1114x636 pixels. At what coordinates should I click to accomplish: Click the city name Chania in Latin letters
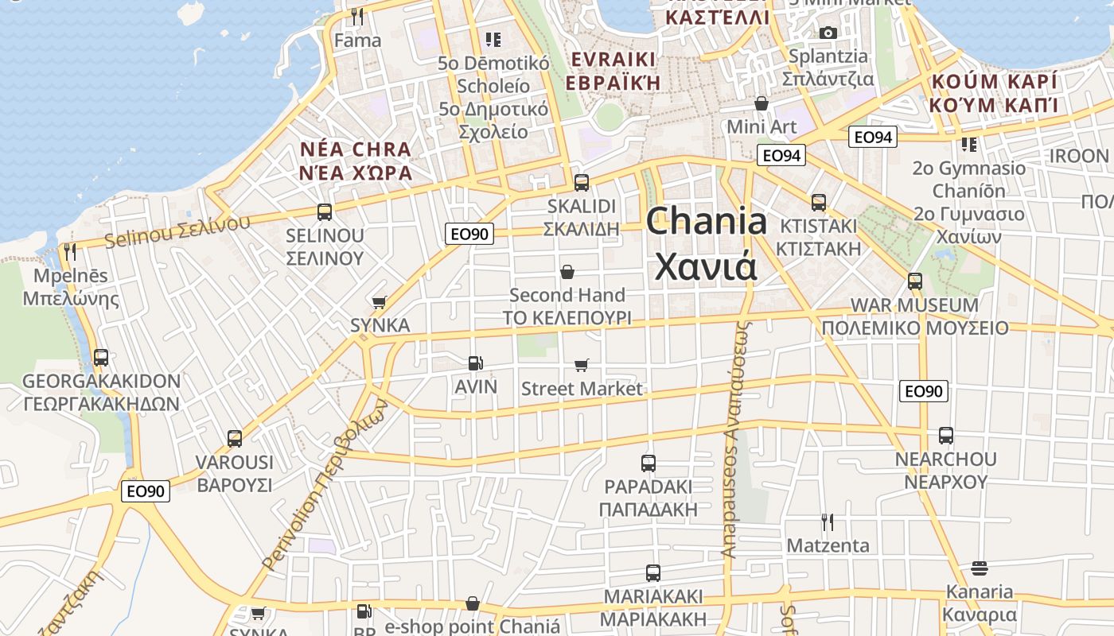(706, 221)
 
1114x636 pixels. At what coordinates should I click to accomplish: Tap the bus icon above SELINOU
(324, 212)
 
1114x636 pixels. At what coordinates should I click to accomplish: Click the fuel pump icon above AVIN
(475, 363)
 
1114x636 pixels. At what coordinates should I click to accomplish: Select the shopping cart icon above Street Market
(582, 365)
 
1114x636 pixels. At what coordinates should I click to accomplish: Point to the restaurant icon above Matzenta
(828, 522)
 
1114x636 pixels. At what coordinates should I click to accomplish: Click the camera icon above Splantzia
(828, 33)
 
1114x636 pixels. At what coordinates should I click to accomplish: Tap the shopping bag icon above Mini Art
(761, 103)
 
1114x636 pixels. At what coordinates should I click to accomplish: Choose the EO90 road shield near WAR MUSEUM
(924, 391)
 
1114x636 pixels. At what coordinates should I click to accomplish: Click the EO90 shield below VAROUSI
(146, 491)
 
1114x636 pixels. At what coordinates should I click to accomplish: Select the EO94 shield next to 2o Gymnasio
(872, 138)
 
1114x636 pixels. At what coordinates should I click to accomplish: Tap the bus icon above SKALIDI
(582, 182)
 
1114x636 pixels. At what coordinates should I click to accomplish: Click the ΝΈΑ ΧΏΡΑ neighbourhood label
(356, 173)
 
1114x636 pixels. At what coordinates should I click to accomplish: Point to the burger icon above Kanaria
(980, 568)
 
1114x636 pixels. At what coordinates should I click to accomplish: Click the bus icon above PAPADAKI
(649, 463)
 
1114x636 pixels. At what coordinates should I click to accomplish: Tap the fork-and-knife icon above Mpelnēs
(70, 252)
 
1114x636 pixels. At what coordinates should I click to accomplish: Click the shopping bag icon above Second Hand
(567, 272)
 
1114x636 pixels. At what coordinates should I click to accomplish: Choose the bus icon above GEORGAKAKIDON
(101, 358)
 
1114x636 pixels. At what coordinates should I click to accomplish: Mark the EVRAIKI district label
(613, 60)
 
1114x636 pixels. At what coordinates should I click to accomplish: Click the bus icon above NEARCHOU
(945, 436)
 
